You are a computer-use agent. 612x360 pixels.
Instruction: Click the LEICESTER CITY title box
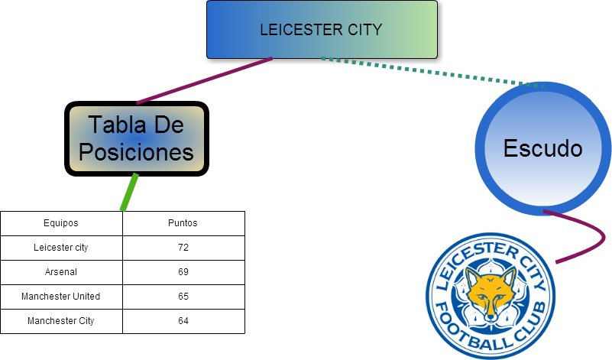click(322, 30)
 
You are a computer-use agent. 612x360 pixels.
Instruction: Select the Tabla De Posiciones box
click(137, 138)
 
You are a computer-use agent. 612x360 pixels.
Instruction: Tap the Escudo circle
click(542, 148)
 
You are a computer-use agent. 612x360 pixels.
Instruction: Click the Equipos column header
click(61, 223)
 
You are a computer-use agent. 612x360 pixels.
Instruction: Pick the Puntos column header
click(183, 223)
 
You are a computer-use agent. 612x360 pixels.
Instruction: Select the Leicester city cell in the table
click(61, 248)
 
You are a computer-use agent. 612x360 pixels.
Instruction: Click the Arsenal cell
click(61, 272)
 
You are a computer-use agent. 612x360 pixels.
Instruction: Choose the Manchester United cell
click(61, 297)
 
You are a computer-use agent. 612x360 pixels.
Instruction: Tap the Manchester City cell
click(61, 321)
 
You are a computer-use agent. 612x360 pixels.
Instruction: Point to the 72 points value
click(183, 248)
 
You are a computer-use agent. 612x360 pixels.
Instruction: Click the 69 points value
click(183, 272)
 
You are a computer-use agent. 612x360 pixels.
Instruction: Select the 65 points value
click(183, 297)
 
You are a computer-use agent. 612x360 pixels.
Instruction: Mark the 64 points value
click(183, 321)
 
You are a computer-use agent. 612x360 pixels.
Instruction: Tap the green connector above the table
click(130, 192)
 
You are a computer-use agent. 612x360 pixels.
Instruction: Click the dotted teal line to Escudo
click(428, 71)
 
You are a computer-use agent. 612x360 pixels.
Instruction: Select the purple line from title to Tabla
click(204, 80)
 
